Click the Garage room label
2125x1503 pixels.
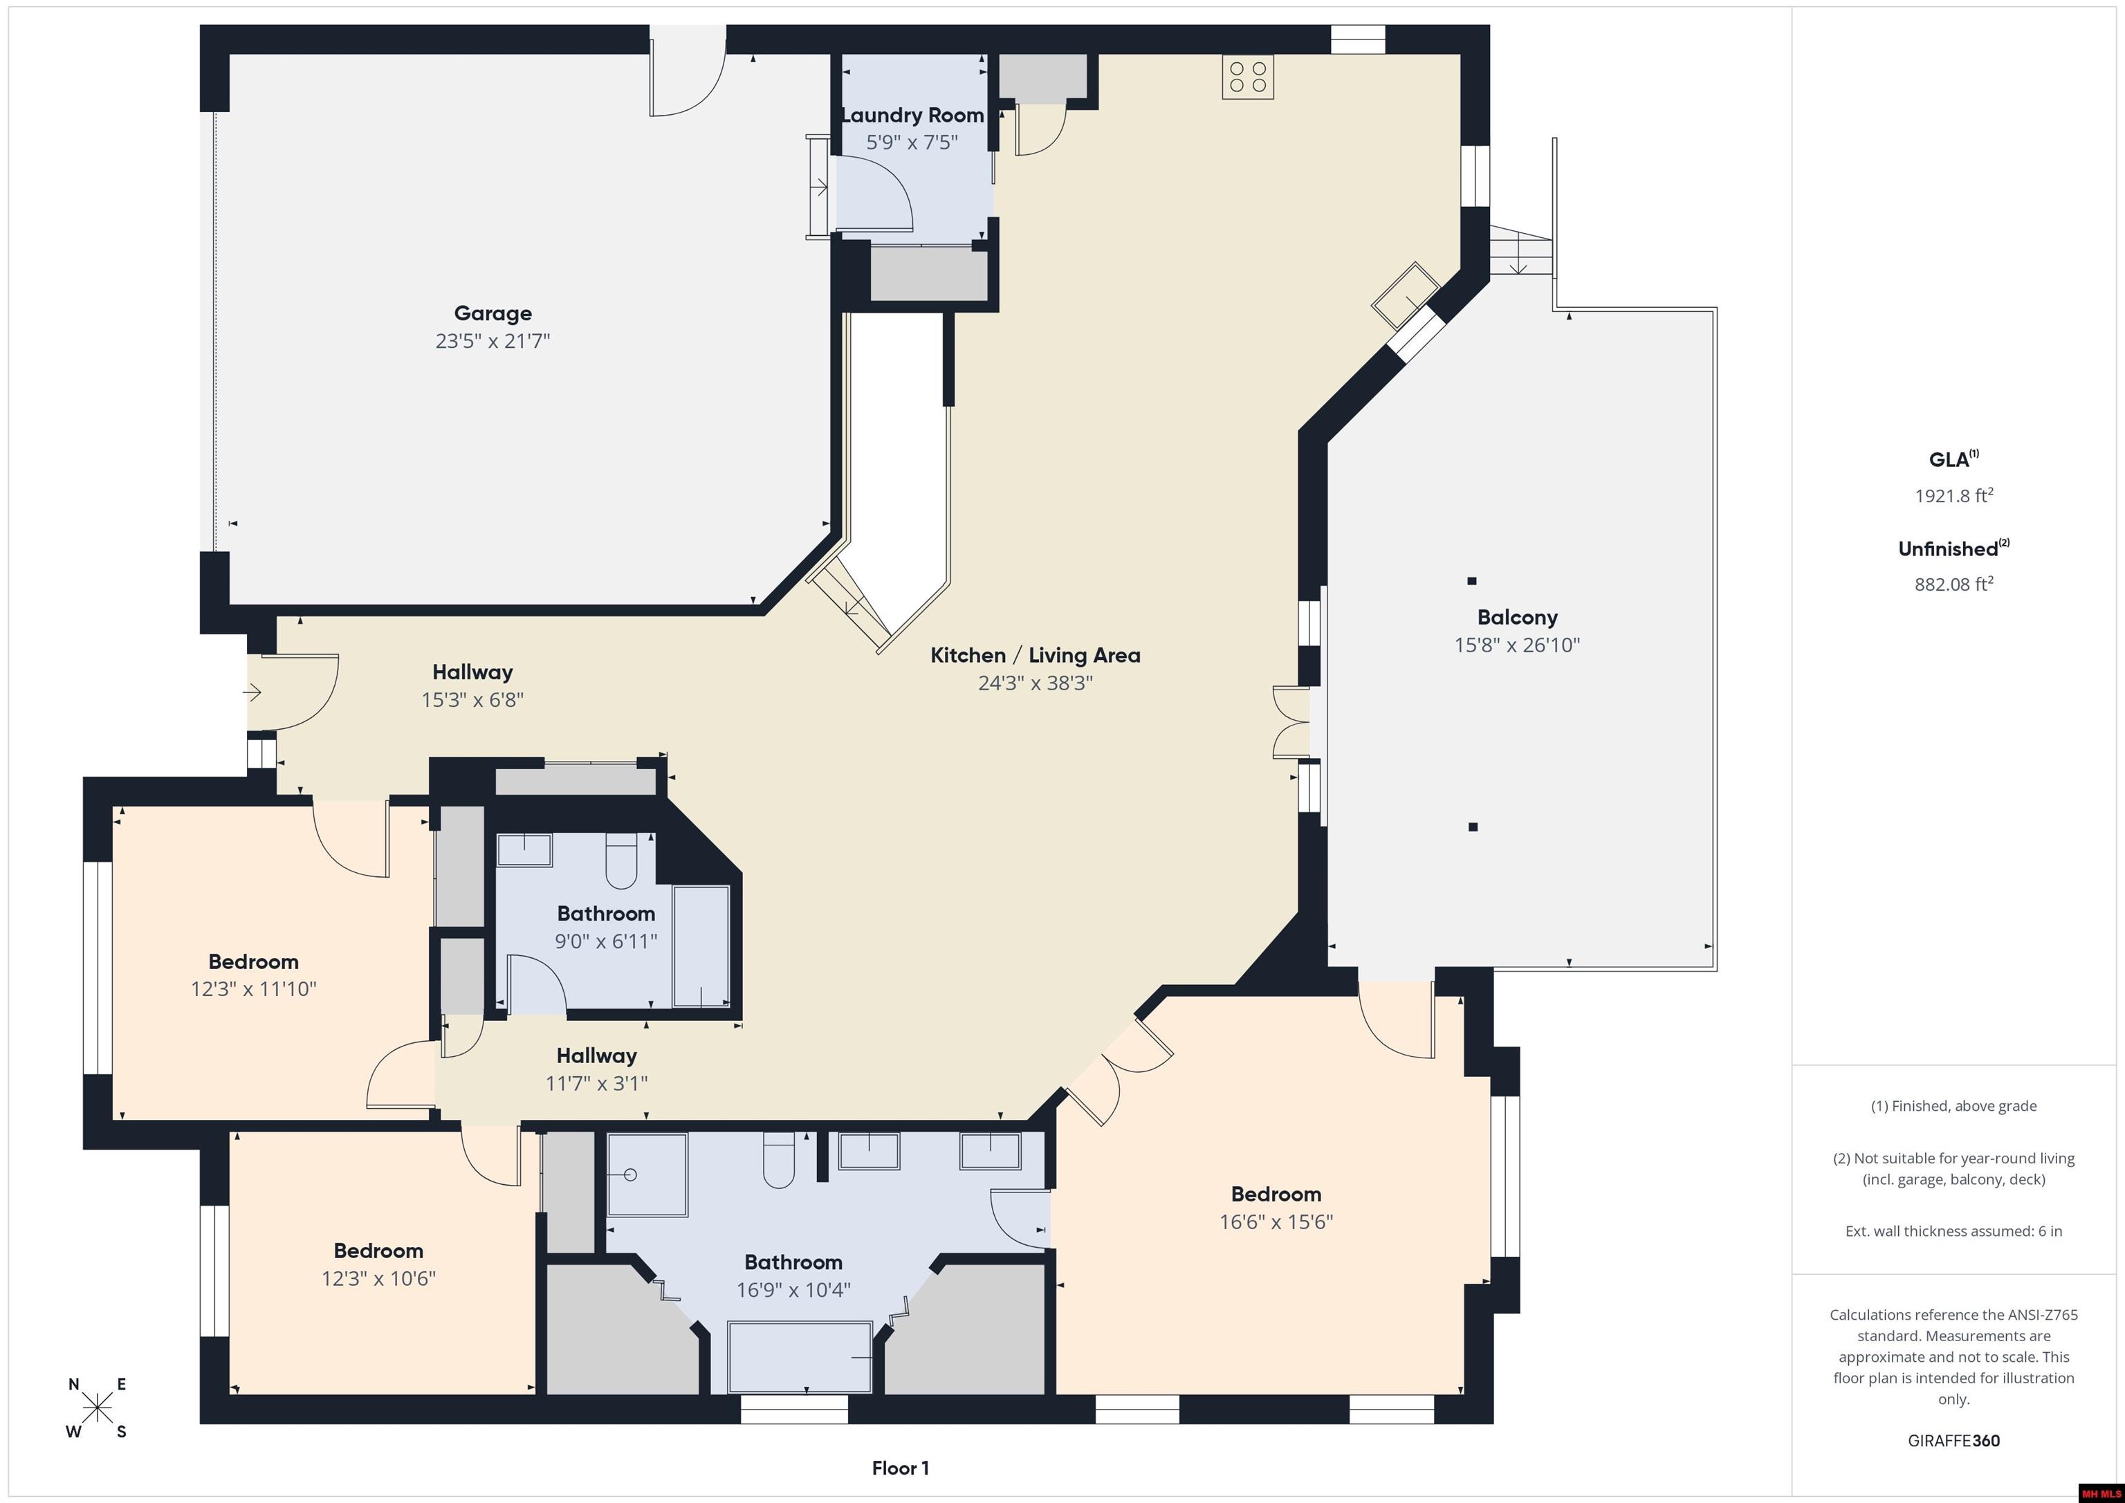493,314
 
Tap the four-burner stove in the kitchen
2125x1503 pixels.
1248,77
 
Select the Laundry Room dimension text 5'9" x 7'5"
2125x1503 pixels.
912,142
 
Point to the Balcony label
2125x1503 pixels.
1517,617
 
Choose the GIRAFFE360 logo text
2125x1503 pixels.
1953,1441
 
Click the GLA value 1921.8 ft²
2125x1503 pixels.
1953,495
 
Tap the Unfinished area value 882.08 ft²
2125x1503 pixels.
1953,584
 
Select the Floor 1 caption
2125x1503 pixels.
900,1468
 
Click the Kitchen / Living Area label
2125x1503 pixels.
1035,655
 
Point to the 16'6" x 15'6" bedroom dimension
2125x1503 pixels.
1276,1221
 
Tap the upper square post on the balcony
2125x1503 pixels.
1471,581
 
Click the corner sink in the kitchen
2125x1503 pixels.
1405,295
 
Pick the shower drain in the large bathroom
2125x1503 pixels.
630,1175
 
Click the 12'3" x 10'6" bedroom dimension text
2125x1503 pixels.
378,1279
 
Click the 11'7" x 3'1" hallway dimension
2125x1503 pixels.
596,1083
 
